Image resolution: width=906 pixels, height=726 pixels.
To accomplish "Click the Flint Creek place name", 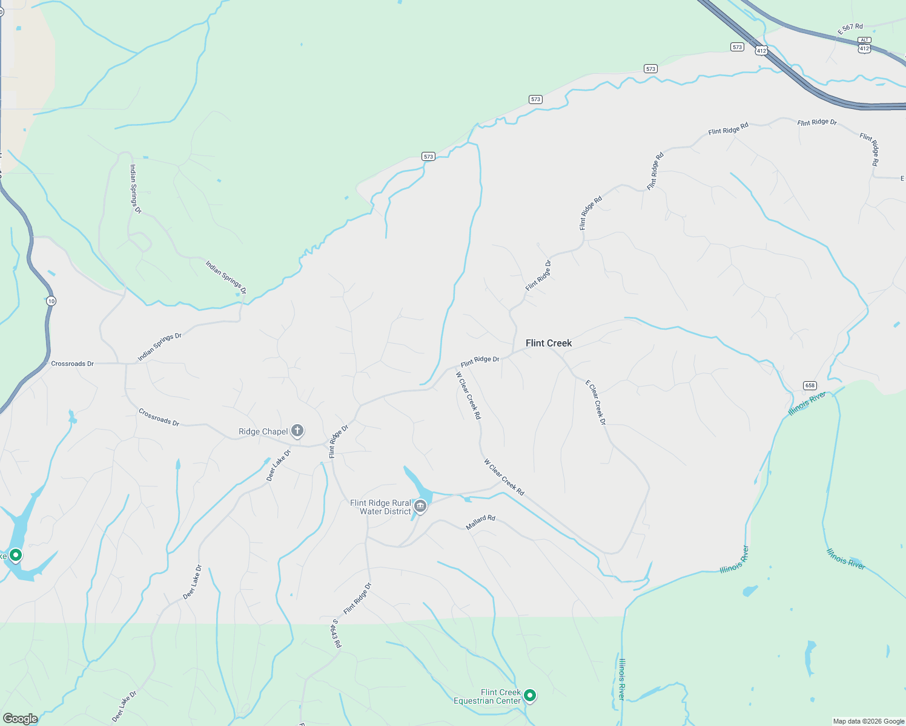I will [x=548, y=343].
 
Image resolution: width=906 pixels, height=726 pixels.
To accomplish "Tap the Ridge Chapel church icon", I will [x=297, y=431].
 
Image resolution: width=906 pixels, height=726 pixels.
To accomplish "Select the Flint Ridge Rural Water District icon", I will [x=420, y=506].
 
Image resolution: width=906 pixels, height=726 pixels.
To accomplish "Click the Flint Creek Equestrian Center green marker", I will [x=530, y=696].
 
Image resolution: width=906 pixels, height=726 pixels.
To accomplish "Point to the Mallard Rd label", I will [x=480, y=522].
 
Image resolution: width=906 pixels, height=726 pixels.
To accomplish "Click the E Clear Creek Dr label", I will [x=595, y=402].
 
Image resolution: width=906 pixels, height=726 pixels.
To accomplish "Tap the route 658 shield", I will [x=810, y=385].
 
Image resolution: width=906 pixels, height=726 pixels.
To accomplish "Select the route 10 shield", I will [x=51, y=301].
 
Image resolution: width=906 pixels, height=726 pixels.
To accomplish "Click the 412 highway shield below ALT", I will [x=864, y=48].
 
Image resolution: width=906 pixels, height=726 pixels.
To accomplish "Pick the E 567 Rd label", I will [x=850, y=28].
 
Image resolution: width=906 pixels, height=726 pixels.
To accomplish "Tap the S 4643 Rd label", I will [x=336, y=633].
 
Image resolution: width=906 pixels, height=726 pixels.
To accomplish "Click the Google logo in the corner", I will [x=20, y=718].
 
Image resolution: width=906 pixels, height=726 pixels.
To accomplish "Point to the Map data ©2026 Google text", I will [x=868, y=721].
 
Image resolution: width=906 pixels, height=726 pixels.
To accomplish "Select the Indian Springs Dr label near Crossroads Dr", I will [x=159, y=347].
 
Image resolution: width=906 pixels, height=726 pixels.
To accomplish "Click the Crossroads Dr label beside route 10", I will [x=72, y=364].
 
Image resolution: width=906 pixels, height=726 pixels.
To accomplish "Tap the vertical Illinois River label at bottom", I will [x=621, y=679].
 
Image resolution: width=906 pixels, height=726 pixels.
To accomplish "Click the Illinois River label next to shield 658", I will [x=807, y=404].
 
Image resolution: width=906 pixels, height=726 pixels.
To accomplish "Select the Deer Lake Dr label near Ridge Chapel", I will [x=279, y=465].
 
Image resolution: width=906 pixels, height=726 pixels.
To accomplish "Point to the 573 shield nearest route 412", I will [x=737, y=47].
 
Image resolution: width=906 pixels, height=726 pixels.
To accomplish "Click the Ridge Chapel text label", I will [x=263, y=431].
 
